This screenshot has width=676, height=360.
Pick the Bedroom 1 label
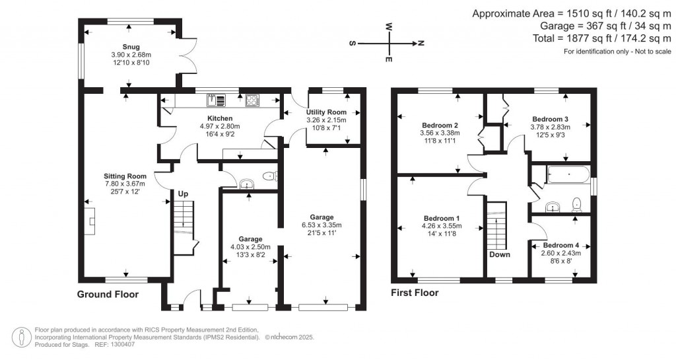[440, 218]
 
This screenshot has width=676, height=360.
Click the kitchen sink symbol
[216, 100]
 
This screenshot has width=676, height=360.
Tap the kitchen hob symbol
[253, 100]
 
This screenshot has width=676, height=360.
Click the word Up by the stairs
[183, 194]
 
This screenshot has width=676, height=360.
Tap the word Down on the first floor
[499, 254]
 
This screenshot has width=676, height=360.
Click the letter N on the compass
[420, 44]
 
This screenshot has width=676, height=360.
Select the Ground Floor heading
[108, 294]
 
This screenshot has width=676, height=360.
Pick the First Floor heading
[415, 293]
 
